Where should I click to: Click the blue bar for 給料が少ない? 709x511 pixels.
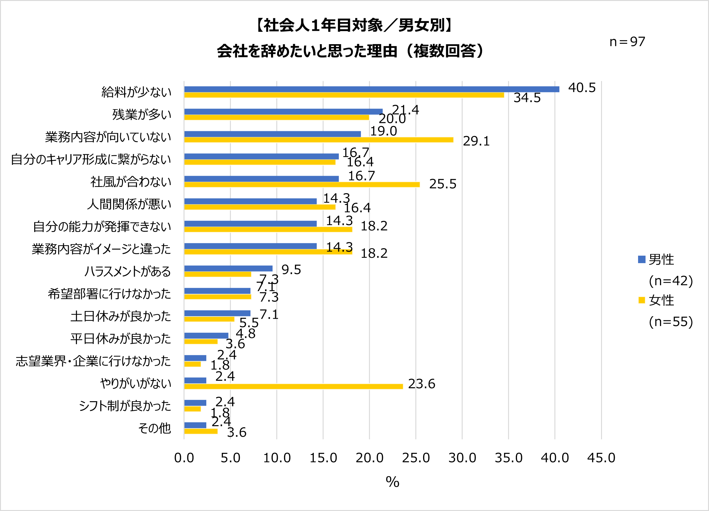(x=371, y=89)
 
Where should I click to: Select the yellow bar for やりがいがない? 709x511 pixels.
(x=293, y=387)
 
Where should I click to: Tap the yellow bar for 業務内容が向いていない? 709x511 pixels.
(x=319, y=140)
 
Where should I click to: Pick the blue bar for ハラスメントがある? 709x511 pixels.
(x=228, y=268)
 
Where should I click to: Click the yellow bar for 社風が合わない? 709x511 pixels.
(x=302, y=185)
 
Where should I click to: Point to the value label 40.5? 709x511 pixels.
(x=582, y=88)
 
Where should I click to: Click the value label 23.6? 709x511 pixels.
(x=422, y=384)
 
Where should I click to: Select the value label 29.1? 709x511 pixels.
(x=476, y=141)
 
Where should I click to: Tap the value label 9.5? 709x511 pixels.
(x=291, y=270)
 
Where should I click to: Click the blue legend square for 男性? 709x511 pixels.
(x=641, y=259)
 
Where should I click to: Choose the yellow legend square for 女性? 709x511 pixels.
(x=641, y=300)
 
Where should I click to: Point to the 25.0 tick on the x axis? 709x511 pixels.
(x=416, y=458)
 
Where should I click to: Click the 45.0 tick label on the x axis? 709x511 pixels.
(x=601, y=458)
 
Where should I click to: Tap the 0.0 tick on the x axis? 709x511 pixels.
(x=184, y=458)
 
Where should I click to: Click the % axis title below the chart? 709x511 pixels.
(x=392, y=482)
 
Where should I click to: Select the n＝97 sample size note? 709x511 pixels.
(x=627, y=42)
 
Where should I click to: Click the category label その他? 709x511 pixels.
(x=154, y=428)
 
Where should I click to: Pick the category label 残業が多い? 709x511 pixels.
(x=142, y=114)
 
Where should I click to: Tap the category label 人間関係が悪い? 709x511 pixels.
(x=129, y=204)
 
